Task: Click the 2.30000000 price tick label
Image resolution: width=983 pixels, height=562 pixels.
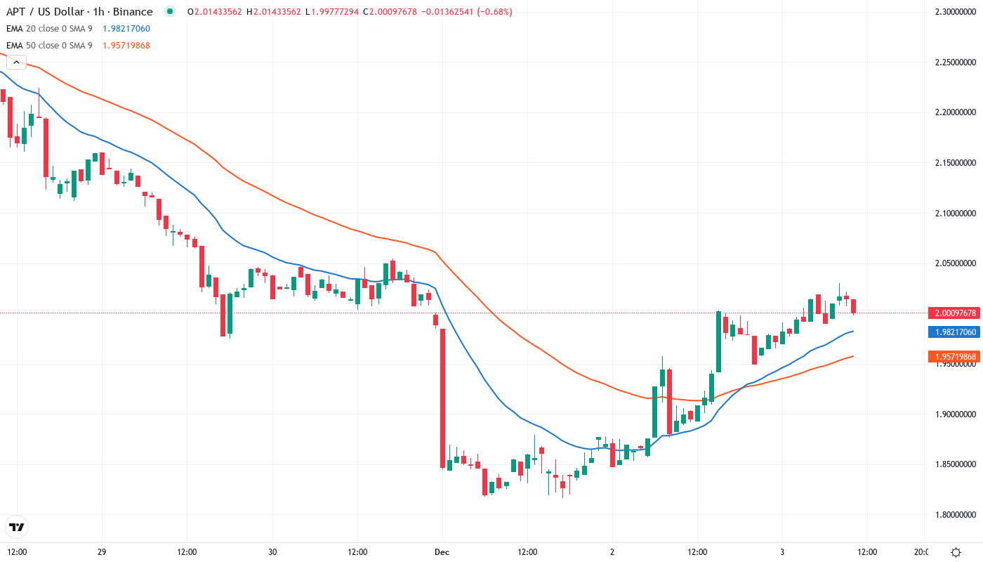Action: click(x=956, y=12)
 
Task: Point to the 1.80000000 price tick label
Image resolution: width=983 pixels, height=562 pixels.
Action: click(x=956, y=514)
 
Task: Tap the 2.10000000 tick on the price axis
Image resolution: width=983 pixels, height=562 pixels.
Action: click(x=956, y=213)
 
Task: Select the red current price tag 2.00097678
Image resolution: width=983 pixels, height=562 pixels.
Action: click(x=952, y=313)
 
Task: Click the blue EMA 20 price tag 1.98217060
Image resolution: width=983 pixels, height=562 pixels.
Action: click(x=952, y=332)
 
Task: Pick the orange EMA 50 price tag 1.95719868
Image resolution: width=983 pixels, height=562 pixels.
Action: click(x=952, y=357)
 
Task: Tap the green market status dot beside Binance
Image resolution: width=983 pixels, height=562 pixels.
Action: click(x=169, y=12)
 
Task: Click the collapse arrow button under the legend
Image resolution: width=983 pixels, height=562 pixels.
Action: click(x=16, y=62)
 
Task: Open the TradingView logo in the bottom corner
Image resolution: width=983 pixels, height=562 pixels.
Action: click(x=17, y=527)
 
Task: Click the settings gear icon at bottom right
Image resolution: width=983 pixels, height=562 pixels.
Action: click(x=956, y=552)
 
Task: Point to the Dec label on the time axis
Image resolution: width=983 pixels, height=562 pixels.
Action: click(x=442, y=552)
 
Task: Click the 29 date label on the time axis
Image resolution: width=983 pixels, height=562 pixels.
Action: click(x=102, y=552)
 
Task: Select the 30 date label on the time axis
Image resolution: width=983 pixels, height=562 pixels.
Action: click(x=272, y=552)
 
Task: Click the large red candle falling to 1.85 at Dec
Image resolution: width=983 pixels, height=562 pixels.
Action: click(x=442, y=398)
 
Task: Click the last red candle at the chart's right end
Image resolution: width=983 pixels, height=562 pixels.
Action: click(x=854, y=306)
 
